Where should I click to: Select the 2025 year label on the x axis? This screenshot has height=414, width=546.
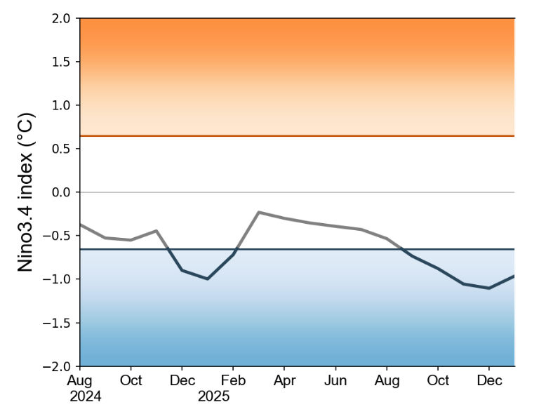[x=213, y=396]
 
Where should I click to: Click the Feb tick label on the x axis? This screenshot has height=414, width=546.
[x=233, y=380]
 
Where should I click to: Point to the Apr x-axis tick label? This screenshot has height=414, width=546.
[x=284, y=380]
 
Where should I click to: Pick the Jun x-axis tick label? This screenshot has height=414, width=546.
[x=335, y=380]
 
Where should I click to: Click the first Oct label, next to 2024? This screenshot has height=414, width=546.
[x=131, y=380]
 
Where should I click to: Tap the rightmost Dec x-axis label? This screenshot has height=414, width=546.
[x=489, y=380]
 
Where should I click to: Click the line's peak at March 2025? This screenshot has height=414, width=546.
[x=259, y=212]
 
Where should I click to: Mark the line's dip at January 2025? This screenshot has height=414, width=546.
[x=208, y=279]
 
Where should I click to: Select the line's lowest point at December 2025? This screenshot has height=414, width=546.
[x=489, y=288]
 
